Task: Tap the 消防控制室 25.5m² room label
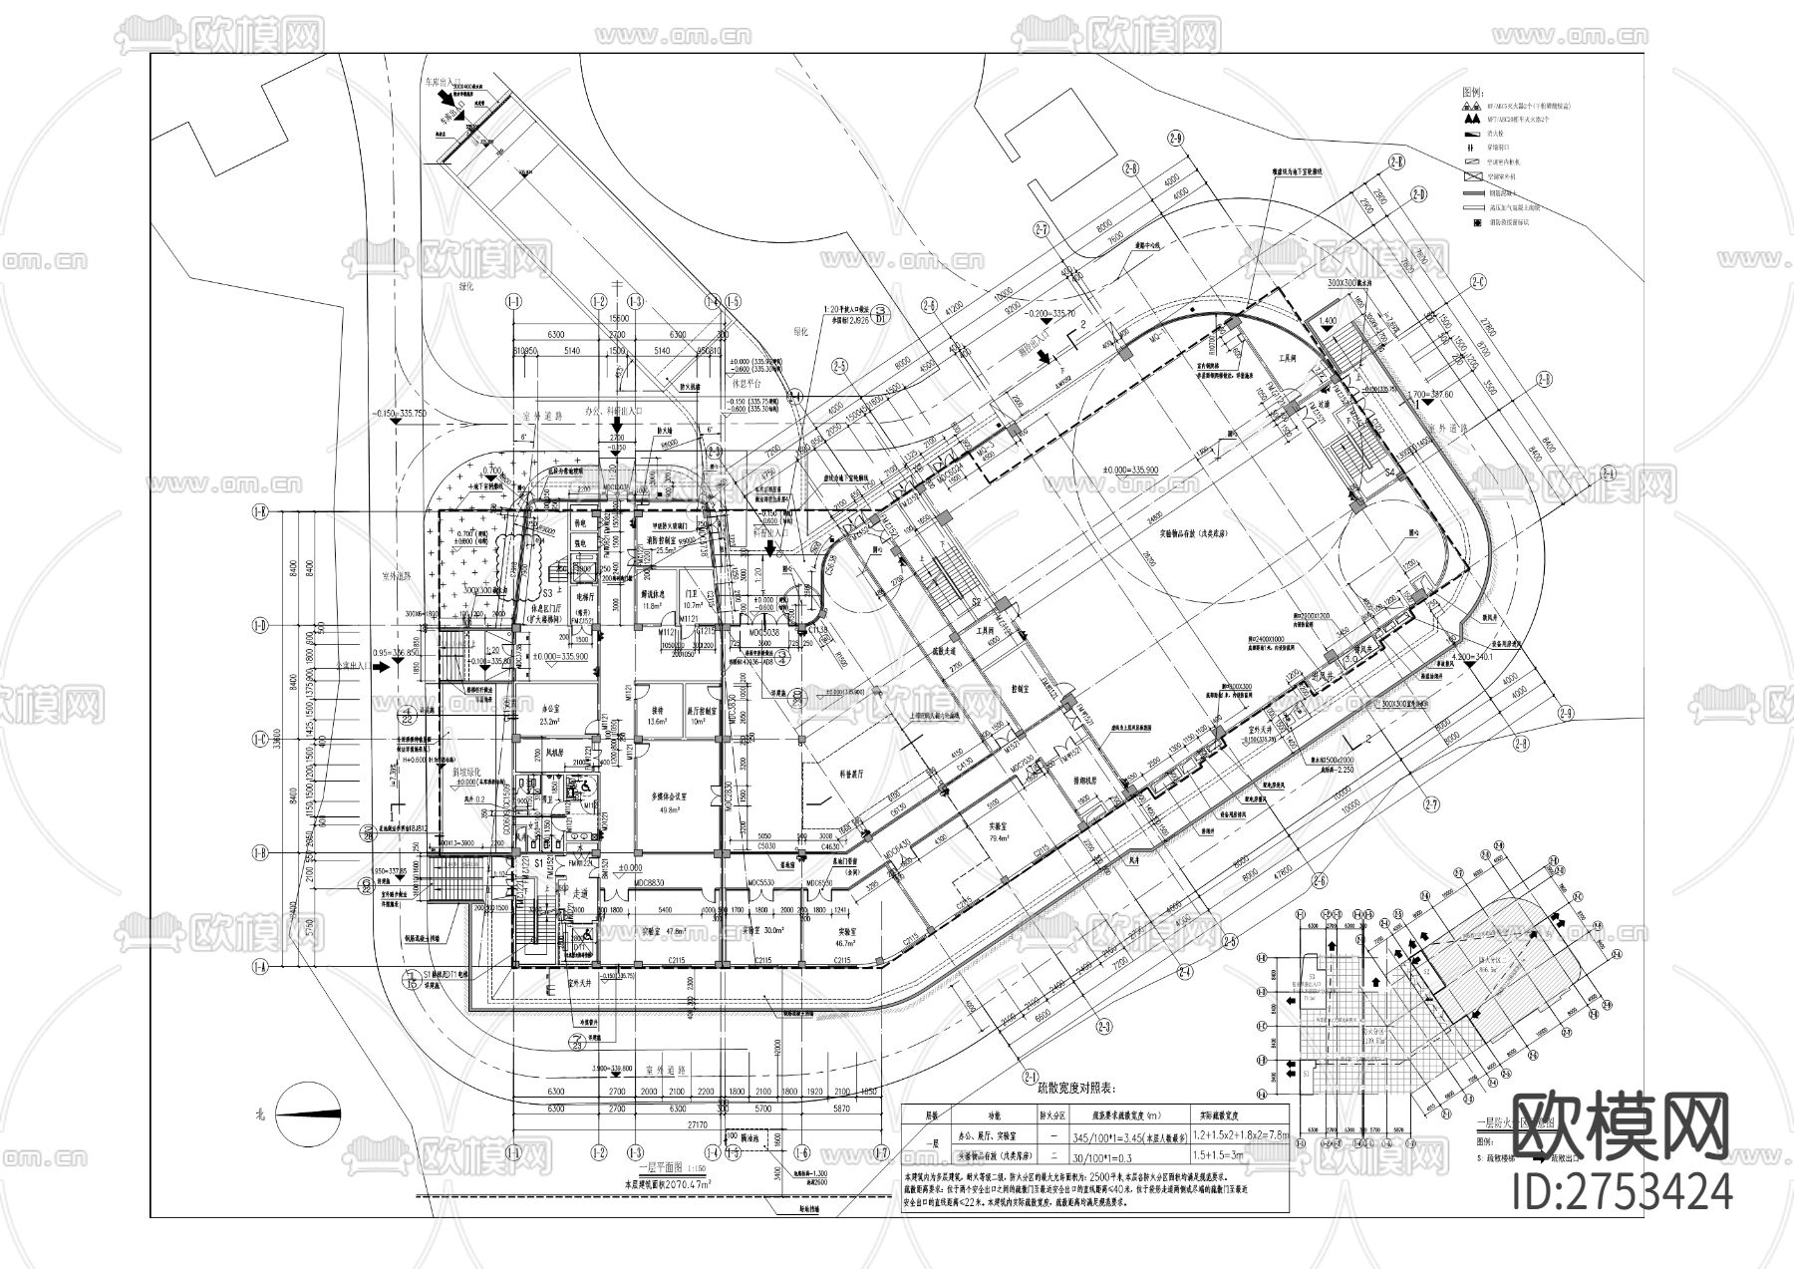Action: (x=658, y=542)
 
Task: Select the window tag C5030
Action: (x=765, y=846)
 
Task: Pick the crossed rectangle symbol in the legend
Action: (x=1469, y=175)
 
